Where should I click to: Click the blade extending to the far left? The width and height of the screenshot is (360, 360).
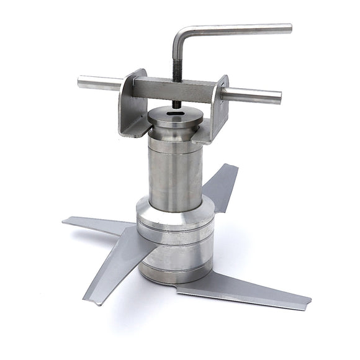click(93, 224)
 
